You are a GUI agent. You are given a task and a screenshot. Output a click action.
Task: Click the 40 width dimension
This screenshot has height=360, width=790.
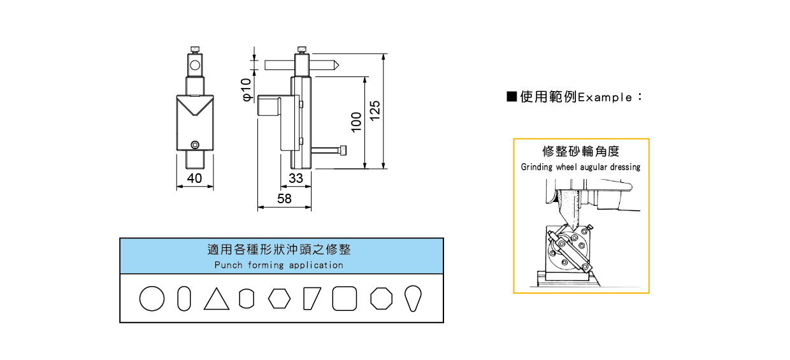194,178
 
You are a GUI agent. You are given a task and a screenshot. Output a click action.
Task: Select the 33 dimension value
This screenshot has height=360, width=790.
296,178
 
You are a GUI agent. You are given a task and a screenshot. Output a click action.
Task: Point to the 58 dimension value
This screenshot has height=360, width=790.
284,199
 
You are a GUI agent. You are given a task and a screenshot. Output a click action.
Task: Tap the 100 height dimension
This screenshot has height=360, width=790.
357,121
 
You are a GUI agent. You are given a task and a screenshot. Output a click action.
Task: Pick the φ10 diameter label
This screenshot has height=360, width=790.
247,90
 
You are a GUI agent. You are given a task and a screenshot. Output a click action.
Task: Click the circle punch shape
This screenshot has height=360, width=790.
152,298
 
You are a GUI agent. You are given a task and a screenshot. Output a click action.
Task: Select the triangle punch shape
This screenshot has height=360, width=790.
217,299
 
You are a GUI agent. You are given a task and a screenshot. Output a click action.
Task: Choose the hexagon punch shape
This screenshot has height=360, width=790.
279,298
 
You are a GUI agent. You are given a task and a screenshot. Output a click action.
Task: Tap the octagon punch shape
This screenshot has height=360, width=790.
382,298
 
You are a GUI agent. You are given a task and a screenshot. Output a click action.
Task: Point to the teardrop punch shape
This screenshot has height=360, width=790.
413,298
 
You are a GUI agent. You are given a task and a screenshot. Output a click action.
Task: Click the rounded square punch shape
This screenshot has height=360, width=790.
345,298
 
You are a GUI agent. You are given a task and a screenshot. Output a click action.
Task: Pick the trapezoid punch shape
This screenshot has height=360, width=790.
312,298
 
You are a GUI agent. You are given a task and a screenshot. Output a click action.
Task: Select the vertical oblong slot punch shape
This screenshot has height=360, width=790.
183,298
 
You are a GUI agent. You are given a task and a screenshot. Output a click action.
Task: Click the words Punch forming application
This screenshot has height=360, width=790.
278,265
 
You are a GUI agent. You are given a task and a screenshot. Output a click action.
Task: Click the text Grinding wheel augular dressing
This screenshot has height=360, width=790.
580,167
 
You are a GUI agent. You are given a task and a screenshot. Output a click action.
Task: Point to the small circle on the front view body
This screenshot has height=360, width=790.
195,144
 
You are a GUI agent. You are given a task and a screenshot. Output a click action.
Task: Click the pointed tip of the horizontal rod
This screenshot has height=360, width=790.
336,65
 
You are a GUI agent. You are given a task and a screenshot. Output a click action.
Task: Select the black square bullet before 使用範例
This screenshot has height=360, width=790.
511,97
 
